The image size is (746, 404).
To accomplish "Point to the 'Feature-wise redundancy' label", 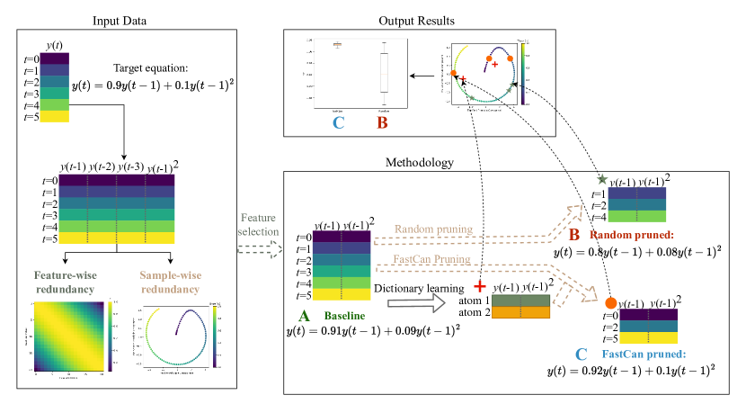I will [67, 281].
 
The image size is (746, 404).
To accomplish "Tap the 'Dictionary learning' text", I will [410, 289].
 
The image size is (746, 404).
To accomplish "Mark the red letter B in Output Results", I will [381, 122].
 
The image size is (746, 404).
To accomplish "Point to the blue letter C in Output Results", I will [338, 122].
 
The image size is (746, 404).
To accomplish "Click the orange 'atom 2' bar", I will [520, 312].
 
